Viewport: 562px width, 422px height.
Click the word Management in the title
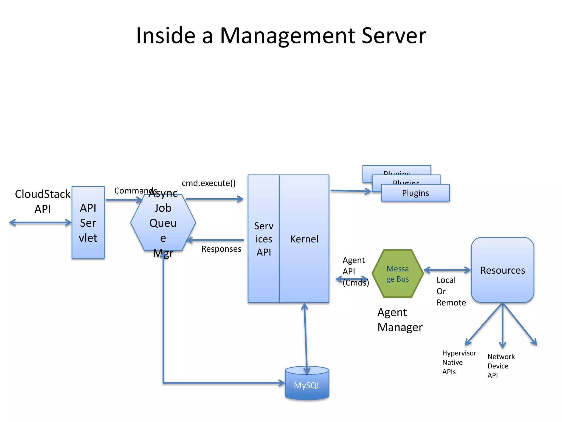pos(288,36)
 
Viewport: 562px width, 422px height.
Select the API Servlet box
pos(88,223)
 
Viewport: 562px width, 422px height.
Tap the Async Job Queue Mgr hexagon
pos(163,223)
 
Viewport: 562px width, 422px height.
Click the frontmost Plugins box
pos(415,193)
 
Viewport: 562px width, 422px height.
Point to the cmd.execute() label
pos(209,183)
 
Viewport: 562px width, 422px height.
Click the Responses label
pos(221,249)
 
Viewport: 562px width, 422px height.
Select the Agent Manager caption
pos(400,320)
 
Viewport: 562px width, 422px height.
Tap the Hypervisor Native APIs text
pos(459,362)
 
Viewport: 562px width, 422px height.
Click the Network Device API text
pos(501,366)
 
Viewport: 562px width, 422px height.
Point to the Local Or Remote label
pos(451,291)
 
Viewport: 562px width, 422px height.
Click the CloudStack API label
pos(43,201)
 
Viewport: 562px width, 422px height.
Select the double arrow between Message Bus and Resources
pos(447,270)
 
